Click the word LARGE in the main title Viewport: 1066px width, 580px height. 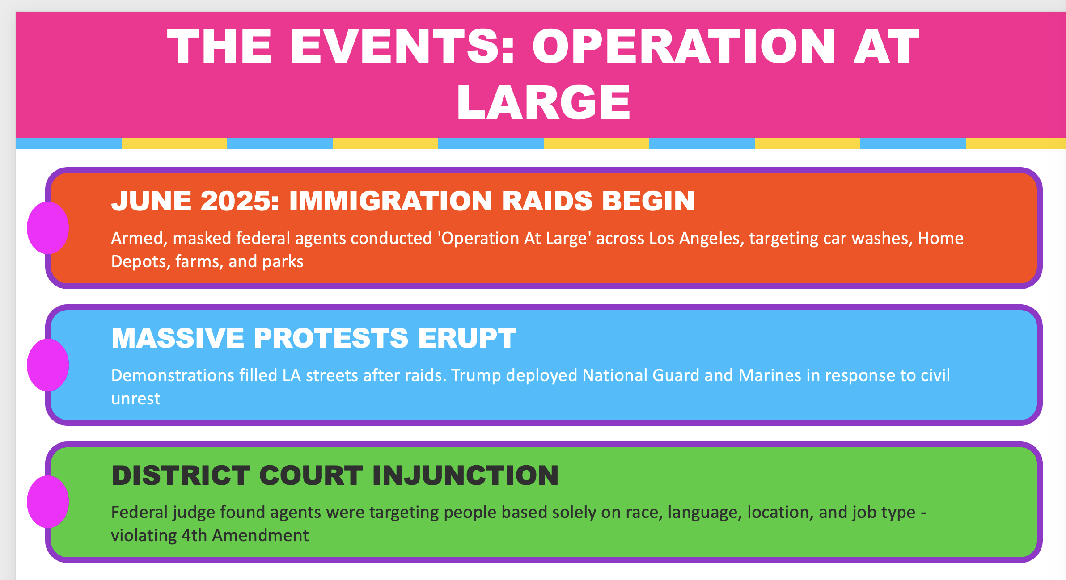543,102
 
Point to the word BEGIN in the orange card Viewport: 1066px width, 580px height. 648,201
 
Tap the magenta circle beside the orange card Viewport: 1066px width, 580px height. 48,228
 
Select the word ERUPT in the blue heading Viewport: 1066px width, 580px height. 467,338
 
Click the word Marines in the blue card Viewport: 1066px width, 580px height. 770,375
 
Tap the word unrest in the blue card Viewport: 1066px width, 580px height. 135,399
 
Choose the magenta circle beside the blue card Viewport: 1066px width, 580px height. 48,365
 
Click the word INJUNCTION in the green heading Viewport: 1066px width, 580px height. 465,475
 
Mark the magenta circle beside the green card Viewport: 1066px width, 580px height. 48,502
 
